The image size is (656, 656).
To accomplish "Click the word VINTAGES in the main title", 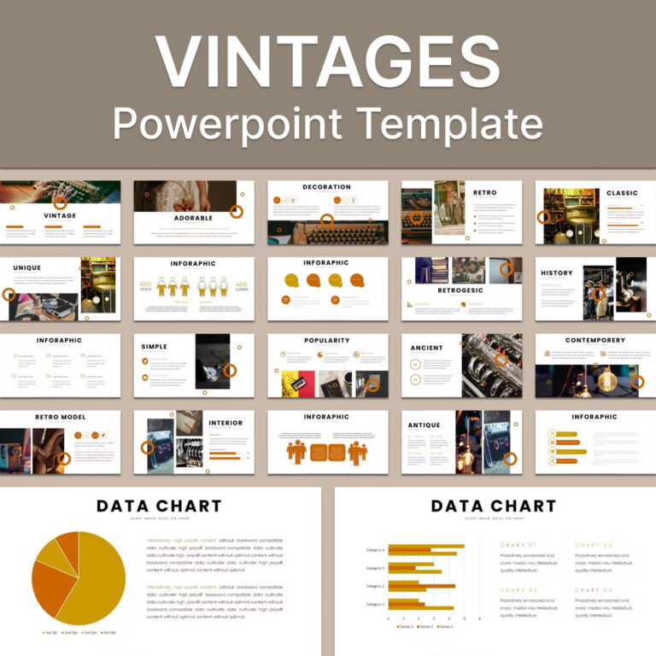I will pos(328,62).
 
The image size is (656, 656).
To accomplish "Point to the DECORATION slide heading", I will pos(326,187).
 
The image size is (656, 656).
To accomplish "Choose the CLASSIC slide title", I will pos(622,193).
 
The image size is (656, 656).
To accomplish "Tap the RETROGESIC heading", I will pos(461,290).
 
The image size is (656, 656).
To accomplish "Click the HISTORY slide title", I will pos(557,273).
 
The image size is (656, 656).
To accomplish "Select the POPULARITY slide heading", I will pos(326,340).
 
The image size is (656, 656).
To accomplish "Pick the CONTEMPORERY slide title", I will pos(594,340).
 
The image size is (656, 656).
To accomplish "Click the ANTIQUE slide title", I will pos(425,425).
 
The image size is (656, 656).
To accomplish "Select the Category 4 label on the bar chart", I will pos(376,549).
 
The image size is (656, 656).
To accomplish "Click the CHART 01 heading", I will pos(518,544).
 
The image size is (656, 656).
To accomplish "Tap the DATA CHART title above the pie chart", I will pos(159,506).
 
